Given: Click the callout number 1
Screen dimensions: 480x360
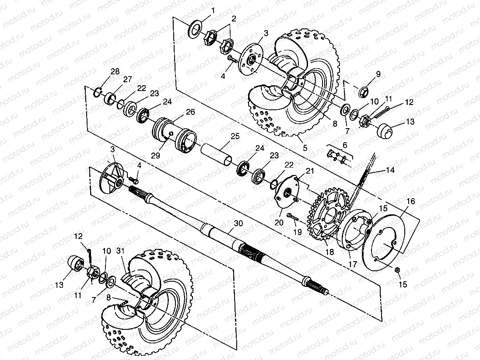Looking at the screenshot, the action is click(213, 11).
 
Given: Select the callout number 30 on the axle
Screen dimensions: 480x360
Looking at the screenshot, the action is click(238, 223).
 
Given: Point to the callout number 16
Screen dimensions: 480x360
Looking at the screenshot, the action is click(411, 201).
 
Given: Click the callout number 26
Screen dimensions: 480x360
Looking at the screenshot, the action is click(190, 112).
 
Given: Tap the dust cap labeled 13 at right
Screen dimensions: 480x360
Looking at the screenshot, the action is click(384, 130).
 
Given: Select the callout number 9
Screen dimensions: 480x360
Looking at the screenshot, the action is click(378, 74).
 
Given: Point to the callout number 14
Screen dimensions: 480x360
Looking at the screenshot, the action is click(390, 170).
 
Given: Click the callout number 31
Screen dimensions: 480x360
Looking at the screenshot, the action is click(120, 251).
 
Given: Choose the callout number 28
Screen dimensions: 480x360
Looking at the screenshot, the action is click(115, 72).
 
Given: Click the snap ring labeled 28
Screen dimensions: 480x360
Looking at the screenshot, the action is click(98, 92).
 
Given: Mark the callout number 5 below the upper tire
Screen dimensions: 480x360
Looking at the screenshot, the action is click(305, 148).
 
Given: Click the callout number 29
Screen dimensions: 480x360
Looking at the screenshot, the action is click(155, 156).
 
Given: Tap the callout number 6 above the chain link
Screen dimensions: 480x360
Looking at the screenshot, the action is click(345, 145).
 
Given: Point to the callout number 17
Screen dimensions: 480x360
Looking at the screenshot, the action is click(353, 264).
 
